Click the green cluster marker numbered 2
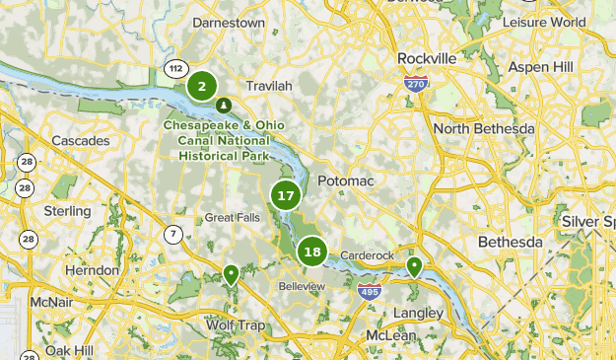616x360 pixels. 202,87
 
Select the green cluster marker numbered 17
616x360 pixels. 286,195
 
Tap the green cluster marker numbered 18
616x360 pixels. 312,252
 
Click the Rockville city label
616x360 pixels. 426,58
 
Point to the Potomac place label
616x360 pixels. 343,182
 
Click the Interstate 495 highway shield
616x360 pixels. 370,291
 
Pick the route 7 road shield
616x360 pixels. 173,234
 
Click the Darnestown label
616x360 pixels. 229,22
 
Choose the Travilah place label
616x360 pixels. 269,86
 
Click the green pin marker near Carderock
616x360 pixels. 415,266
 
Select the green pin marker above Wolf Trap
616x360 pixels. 231,274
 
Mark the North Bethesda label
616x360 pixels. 483,129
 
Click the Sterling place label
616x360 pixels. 67,211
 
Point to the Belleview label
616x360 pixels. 302,286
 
